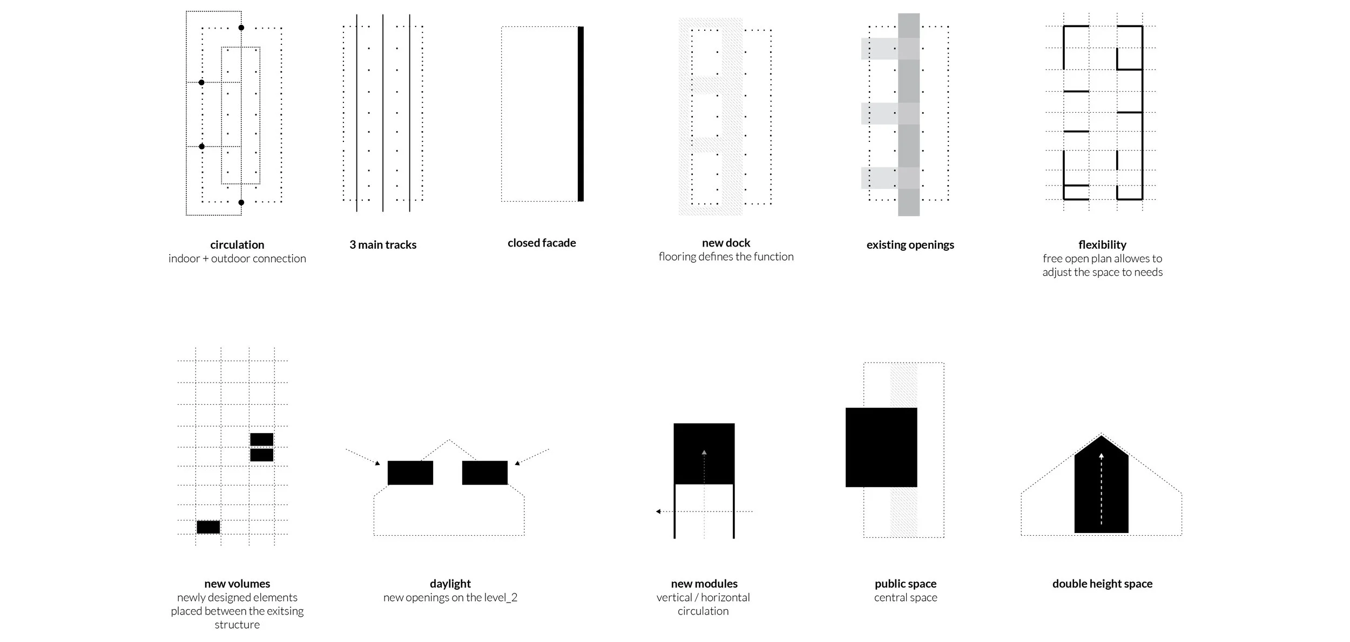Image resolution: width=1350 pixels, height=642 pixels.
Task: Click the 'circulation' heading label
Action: [x=237, y=244]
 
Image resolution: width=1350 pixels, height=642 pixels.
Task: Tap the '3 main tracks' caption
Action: [x=383, y=244]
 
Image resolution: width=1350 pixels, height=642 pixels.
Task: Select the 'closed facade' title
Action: [x=542, y=243]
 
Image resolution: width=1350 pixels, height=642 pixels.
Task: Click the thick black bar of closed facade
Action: [x=580, y=114]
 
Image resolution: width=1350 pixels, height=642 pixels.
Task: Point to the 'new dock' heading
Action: [x=726, y=243]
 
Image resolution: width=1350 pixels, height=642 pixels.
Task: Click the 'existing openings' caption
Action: [x=910, y=245]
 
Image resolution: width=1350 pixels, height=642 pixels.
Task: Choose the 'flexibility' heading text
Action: [x=1102, y=245]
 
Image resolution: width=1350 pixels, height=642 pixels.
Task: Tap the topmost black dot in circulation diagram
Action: [x=241, y=28]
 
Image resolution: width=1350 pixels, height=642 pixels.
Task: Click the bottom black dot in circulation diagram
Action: [x=241, y=202]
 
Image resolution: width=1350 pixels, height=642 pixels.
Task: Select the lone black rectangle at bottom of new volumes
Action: [x=208, y=527]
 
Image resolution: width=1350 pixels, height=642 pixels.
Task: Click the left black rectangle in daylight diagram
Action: [x=410, y=473]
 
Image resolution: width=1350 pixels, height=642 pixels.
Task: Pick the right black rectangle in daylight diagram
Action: [x=485, y=473]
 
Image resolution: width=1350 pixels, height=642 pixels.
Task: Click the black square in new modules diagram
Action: [x=704, y=454]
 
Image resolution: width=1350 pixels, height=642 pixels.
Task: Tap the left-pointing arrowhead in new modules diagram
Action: [x=658, y=511]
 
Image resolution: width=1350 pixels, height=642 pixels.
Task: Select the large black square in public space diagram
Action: [x=881, y=447]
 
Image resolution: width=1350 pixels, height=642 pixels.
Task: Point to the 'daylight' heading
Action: [x=450, y=583]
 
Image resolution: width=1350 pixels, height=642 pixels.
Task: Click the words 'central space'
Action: [x=906, y=597]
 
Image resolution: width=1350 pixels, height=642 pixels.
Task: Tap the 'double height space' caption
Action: [x=1102, y=583]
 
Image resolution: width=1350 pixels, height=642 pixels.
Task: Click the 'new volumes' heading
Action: [x=237, y=583]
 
